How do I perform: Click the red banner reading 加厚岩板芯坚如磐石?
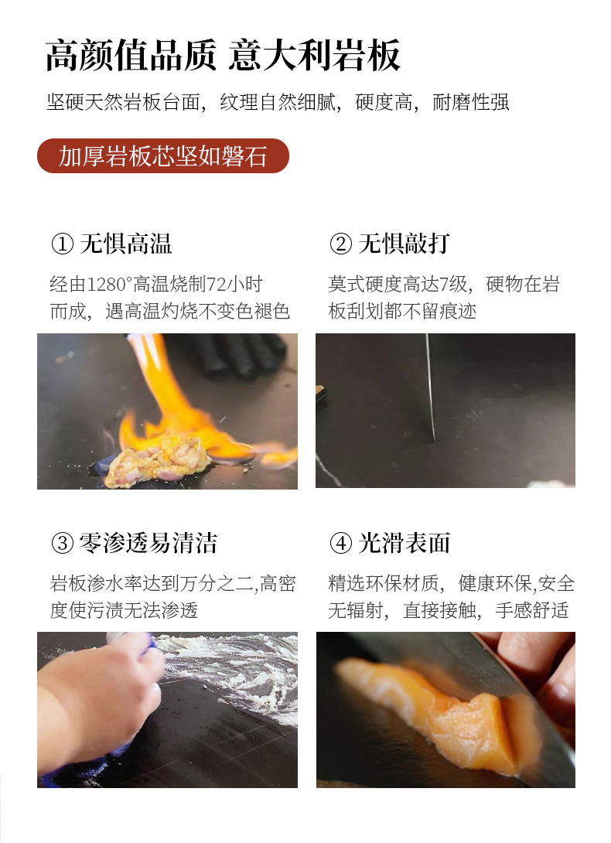[163, 156]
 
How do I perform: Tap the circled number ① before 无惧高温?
[63, 244]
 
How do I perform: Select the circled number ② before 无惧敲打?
[340, 244]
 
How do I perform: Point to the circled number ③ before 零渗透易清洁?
[63, 543]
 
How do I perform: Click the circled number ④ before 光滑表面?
[340, 543]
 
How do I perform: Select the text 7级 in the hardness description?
[454, 284]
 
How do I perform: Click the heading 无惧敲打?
[404, 244]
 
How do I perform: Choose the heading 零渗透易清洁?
[148, 543]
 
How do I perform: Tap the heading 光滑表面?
[404, 543]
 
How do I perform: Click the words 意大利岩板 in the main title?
[315, 56]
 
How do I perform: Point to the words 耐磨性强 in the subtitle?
[470, 101]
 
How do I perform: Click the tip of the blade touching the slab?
[434, 440]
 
